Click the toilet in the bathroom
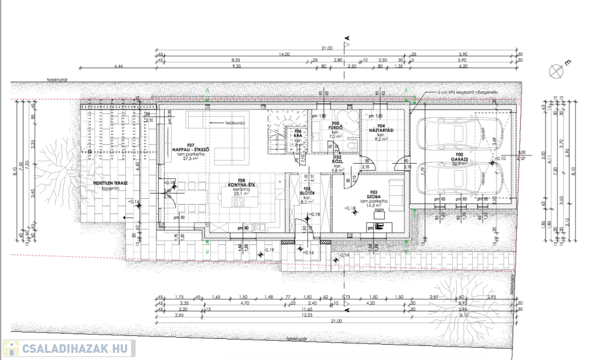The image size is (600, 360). pyautogui.click(x=352, y=145)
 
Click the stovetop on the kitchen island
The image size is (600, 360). pyautogui.click(x=239, y=203)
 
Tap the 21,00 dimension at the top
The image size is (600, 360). pyautogui.click(x=327, y=48)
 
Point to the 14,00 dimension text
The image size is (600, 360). pyautogui.click(x=284, y=55)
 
